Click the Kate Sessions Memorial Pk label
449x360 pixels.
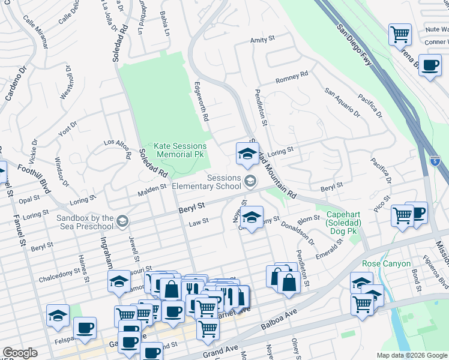click(x=180, y=150)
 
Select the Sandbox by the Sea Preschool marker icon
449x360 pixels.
click(x=122, y=221)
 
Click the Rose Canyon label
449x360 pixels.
click(x=387, y=263)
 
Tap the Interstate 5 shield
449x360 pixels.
click(x=436, y=161)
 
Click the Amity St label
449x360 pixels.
click(x=262, y=40)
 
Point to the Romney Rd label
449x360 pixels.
click(x=291, y=78)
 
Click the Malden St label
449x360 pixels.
click(x=152, y=188)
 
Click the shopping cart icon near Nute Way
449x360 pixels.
click(x=400, y=34)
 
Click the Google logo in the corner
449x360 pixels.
click(x=20, y=353)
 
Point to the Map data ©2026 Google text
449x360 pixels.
click(x=411, y=355)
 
